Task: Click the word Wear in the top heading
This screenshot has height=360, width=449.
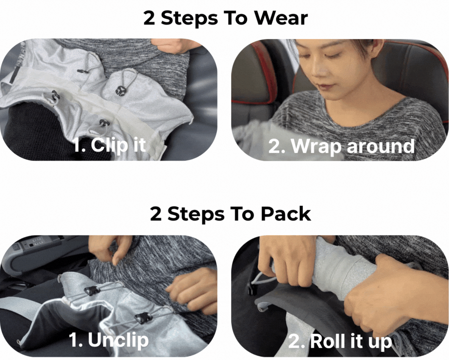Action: pyautogui.click(x=281, y=18)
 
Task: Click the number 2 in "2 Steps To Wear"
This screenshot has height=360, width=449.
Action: pyautogui.click(x=149, y=18)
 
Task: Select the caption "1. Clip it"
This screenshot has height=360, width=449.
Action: pyautogui.click(x=110, y=145)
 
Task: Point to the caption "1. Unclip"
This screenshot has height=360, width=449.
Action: pyautogui.click(x=109, y=340)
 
